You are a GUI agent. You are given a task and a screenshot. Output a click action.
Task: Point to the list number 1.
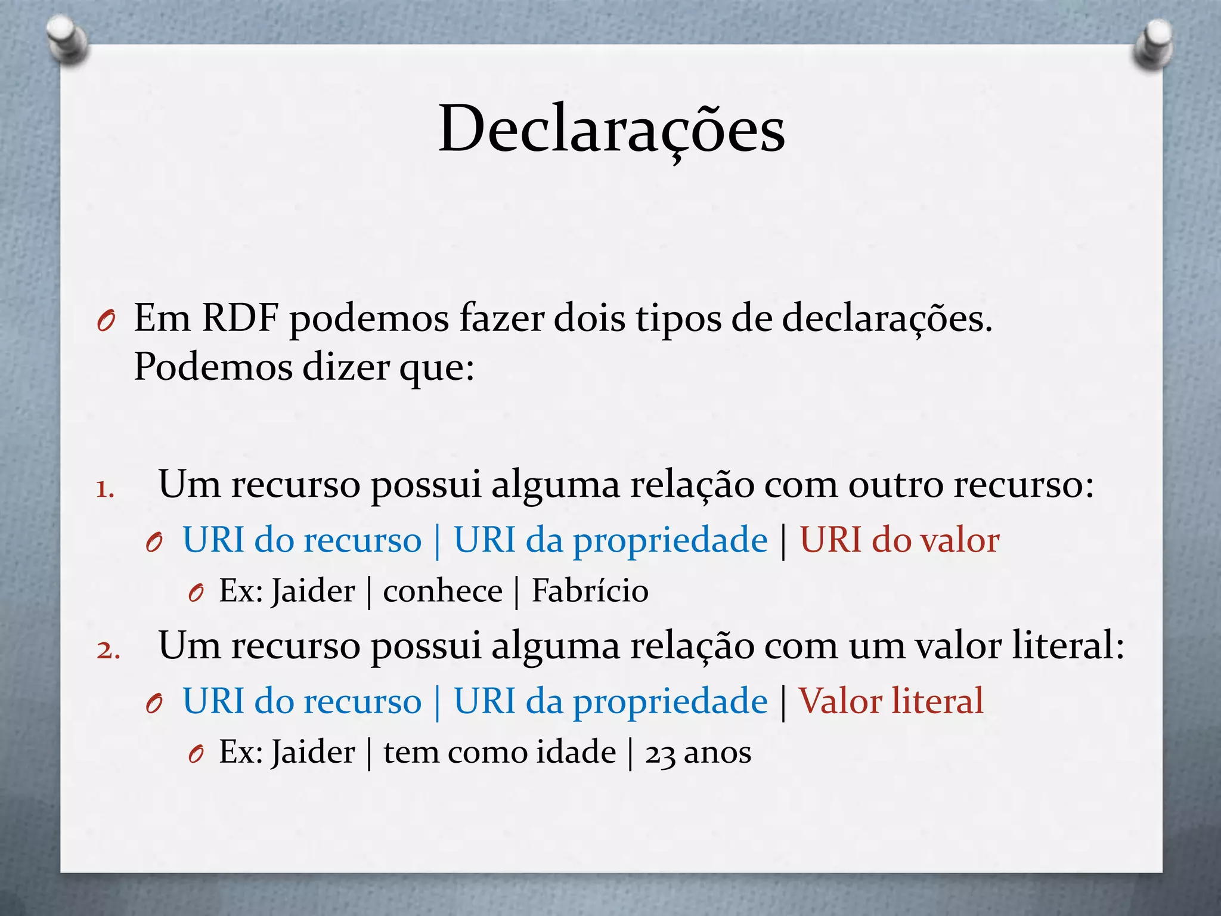(x=105, y=490)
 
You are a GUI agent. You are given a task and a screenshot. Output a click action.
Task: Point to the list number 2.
(x=108, y=650)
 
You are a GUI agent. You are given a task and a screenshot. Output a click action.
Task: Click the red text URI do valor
(x=899, y=540)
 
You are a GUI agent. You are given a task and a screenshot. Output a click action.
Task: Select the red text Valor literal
(x=891, y=701)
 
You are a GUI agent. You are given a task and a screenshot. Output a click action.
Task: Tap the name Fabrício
(x=590, y=591)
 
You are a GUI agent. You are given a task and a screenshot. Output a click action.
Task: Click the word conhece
(x=442, y=591)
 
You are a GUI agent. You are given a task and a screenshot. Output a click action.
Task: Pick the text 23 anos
(x=698, y=752)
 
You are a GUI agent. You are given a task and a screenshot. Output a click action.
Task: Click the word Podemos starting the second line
(x=213, y=366)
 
